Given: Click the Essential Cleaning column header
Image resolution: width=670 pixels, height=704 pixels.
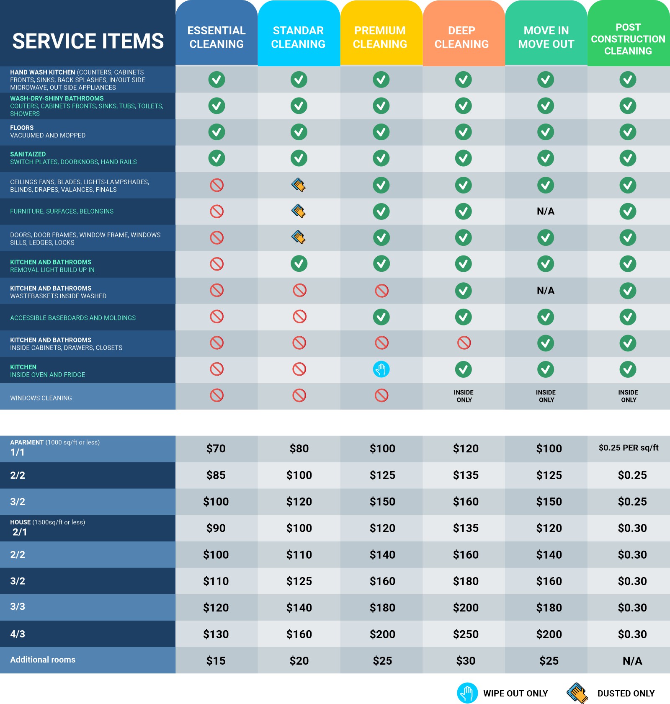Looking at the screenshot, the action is pos(216,37).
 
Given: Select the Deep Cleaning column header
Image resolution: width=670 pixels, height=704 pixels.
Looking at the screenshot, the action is pos(461,37).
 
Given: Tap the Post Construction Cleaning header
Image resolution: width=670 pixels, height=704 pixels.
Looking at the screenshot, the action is pos(628,39).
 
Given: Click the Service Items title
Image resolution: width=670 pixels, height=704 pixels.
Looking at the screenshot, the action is pos(88,41).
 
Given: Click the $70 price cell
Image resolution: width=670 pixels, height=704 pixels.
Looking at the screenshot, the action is pos(216,449).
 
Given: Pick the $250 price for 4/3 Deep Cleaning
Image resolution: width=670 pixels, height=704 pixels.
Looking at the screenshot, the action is pos(466,634).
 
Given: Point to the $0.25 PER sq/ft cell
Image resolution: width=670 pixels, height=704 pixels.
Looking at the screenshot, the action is pos(629,448).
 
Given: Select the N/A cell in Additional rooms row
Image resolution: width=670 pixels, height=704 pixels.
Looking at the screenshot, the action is pos(632,661).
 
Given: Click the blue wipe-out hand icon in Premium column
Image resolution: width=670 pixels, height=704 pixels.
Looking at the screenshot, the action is pos(381,369).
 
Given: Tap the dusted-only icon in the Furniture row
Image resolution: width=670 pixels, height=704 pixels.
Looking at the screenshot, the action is pos(299,211).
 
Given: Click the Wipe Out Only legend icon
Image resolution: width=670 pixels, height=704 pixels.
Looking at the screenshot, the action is pos(467,693).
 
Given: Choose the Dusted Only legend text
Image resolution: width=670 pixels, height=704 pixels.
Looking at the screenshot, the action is pos(626,694).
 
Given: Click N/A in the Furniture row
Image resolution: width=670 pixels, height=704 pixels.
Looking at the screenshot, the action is pos(546,211).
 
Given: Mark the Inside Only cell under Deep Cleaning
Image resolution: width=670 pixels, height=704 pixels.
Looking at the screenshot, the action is pos(464,396).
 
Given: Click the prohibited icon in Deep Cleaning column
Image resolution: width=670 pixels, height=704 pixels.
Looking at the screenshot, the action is pos(464,343).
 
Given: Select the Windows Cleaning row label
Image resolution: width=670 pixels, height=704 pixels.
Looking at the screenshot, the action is pos(41,398).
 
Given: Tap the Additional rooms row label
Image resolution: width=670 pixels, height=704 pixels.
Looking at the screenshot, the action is pos(43,660).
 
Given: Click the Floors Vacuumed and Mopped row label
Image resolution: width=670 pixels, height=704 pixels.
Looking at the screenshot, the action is pos(48,132).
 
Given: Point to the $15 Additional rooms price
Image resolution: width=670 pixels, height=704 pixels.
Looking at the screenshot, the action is pos(216,661).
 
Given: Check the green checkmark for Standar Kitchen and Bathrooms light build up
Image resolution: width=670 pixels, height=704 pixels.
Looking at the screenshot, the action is pos(299,264).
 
